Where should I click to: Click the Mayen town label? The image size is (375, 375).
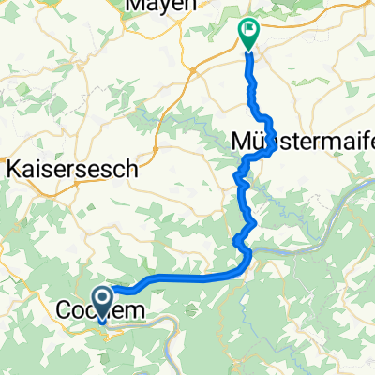click(x=160, y=5)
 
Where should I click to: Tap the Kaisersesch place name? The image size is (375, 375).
click(x=74, y=170)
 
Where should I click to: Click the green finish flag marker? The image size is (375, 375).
click(x=248, y=33)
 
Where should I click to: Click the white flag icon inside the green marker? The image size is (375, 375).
click(x=248, y=28)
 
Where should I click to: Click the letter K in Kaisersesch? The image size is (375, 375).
click(x=13, y=170)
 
